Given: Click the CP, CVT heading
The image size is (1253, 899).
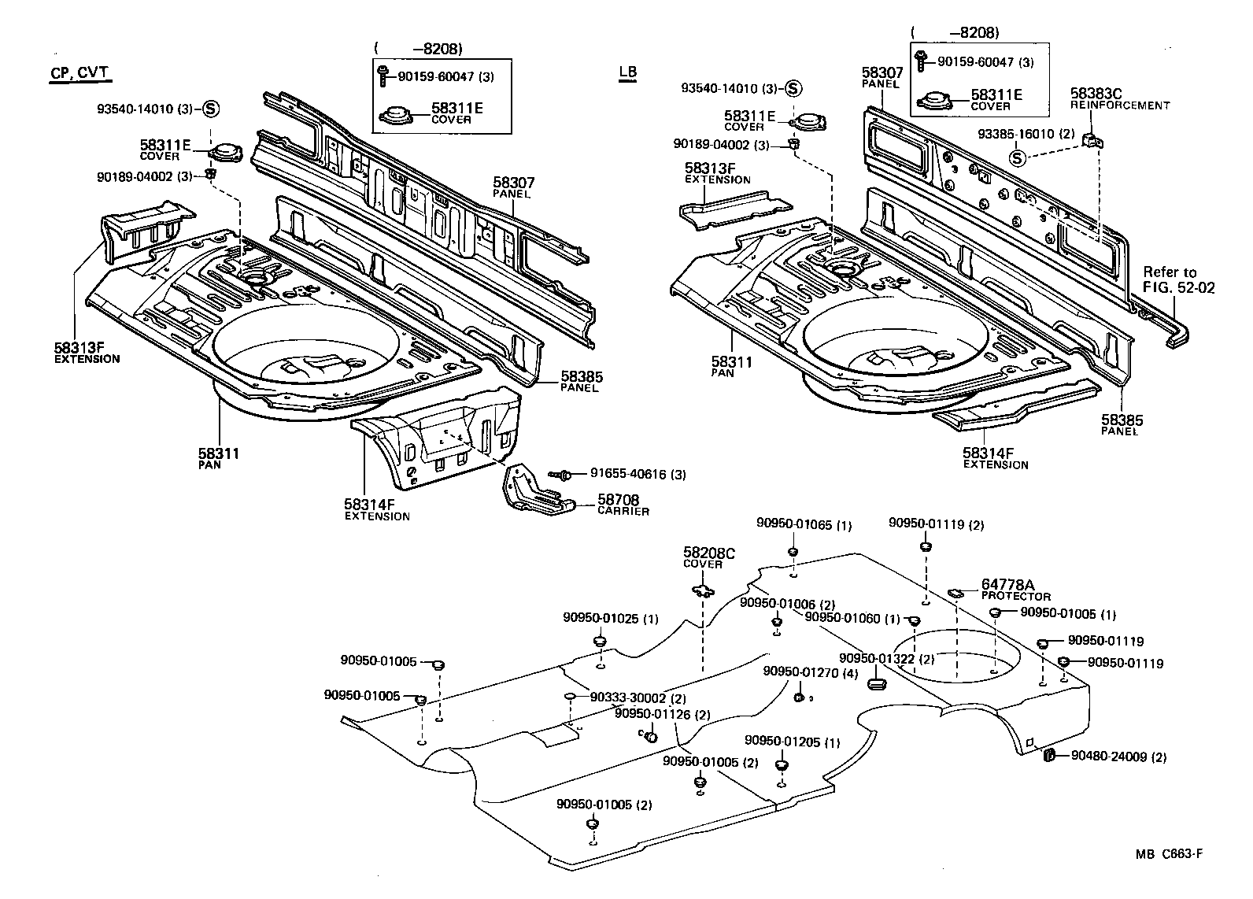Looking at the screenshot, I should (x=79, y=73).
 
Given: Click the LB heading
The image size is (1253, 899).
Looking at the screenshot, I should (x=627, y=72).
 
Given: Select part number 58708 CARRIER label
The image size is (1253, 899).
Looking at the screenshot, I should (x=622, y=504).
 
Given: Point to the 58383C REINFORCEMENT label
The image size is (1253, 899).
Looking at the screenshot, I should (x=1119, y=98).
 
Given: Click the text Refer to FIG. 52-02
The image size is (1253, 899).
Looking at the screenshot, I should (x=1178, y=279).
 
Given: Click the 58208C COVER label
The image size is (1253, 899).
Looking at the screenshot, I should (x=708, y=558).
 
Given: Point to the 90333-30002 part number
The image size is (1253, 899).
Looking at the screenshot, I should (x=628, y=698).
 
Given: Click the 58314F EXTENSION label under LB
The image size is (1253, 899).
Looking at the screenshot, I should (x=995, y=458).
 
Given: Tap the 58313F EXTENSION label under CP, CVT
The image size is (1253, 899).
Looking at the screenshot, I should (x=87, y=352).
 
